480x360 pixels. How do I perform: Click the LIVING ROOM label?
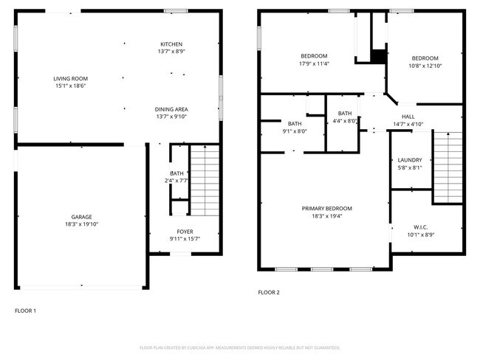click(70, 78)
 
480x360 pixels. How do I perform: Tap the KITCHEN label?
click(171, 44)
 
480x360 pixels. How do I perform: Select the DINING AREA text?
click(171, 108)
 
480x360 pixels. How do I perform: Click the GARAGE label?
click(81, 217)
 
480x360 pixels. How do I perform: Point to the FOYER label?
click(185, 232)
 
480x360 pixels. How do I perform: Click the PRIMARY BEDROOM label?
click(327, 208)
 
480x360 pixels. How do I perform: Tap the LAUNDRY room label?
click(409, 160)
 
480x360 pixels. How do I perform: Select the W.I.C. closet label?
click(420, 227)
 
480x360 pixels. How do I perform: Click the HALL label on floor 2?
click(408, 117)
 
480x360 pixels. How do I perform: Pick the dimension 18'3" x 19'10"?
click(81, 224)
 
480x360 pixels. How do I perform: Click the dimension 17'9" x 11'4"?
click(315, 63)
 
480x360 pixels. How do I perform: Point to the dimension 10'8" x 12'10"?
click(425, 66)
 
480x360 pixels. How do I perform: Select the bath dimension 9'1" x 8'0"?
click(295, 131)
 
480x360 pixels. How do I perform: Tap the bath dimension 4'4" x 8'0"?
click(345, 120)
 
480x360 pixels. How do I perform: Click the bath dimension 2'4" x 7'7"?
click(177, 181)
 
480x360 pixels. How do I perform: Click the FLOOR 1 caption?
click(25, 311)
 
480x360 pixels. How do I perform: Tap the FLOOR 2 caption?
click(269, 292)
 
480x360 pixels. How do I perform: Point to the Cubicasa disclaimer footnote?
click(240, 347)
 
